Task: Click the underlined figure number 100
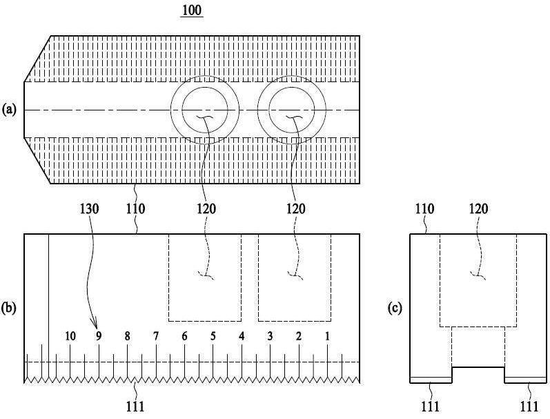click(x=193, y=10)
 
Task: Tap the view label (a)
click(x=9, y=110)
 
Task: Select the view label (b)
click(x=9, y=308)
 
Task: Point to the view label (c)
click(x=395, y=308)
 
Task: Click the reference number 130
click(x=90, y=209)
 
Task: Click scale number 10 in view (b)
click(x=70, y=336)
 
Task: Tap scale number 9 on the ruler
click(x=99, y=336)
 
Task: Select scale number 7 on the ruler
click(x=156, y=336)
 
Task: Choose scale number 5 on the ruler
click(x=213, y=336)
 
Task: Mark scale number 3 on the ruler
click(x=270, y=336)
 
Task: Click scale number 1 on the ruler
click(x=327, y=336)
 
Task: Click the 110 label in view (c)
click(x=425, y=209)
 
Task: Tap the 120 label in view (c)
click(x=478, y=209)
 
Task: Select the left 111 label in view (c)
click(x=430, y=407)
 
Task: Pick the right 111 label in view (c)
click(x=529, y=407)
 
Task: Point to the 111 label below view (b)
click(x=135, y=407)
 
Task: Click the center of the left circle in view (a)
click(x=205, y=110)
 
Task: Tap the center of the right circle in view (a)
click(x=292, y=110)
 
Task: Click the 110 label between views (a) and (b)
click(x=135, y=209)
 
